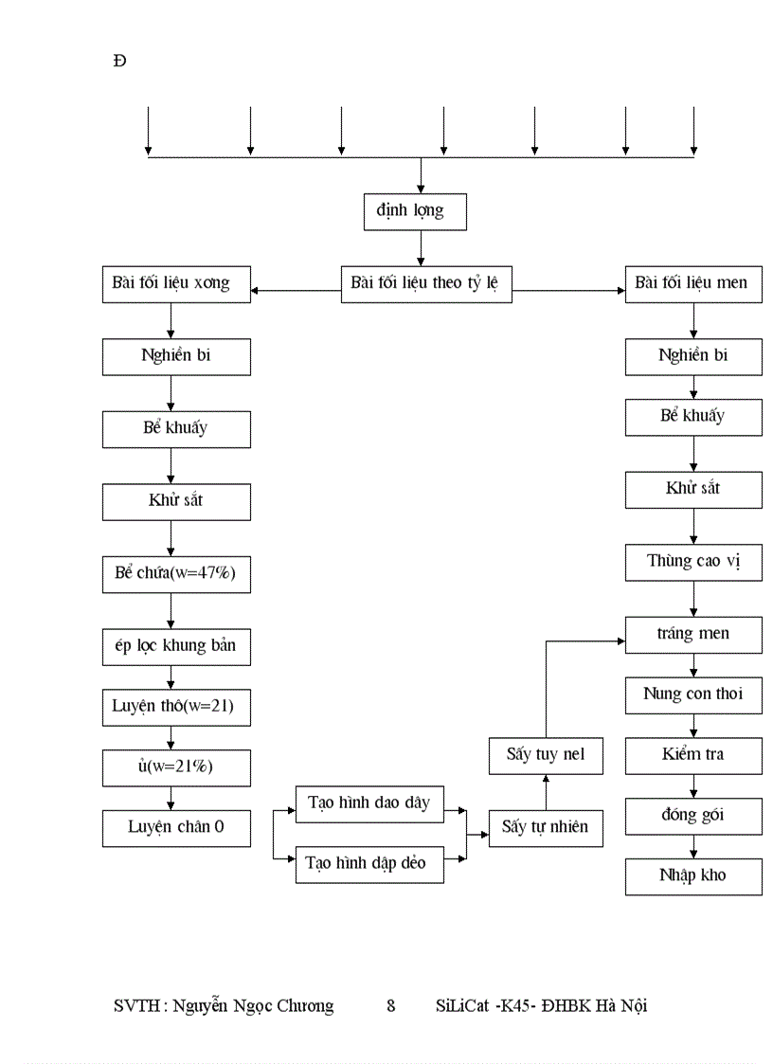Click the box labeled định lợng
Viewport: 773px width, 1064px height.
point(416,211)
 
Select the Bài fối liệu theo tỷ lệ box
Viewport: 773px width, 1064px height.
point(426,283)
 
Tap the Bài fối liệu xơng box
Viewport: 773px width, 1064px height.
point(176,283)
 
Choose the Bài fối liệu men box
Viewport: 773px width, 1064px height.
point(692,283)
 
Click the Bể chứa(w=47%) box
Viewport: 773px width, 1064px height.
point(176,574)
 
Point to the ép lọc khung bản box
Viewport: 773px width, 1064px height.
point(176,647)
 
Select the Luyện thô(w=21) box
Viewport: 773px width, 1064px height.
point(176,707)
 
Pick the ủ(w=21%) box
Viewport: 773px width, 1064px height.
point(176,767)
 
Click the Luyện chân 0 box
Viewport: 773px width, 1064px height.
point(176,827)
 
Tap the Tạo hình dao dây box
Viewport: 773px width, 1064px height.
point(369,803)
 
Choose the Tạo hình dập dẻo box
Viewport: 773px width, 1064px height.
point(369,863)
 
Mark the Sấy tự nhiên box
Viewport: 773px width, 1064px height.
point(546,827)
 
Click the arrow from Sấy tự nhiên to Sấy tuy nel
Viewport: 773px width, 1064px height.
point(546,791)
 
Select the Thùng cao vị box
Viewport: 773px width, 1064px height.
point(692,562)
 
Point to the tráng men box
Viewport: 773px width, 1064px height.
point(692,634)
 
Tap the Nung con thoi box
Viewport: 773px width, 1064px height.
point(692,694)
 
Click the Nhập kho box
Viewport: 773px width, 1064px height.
point(692,875)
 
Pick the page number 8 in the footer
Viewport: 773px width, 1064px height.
point(391,1006)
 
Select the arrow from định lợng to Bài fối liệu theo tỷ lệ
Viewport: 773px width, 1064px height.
point(421,247)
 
